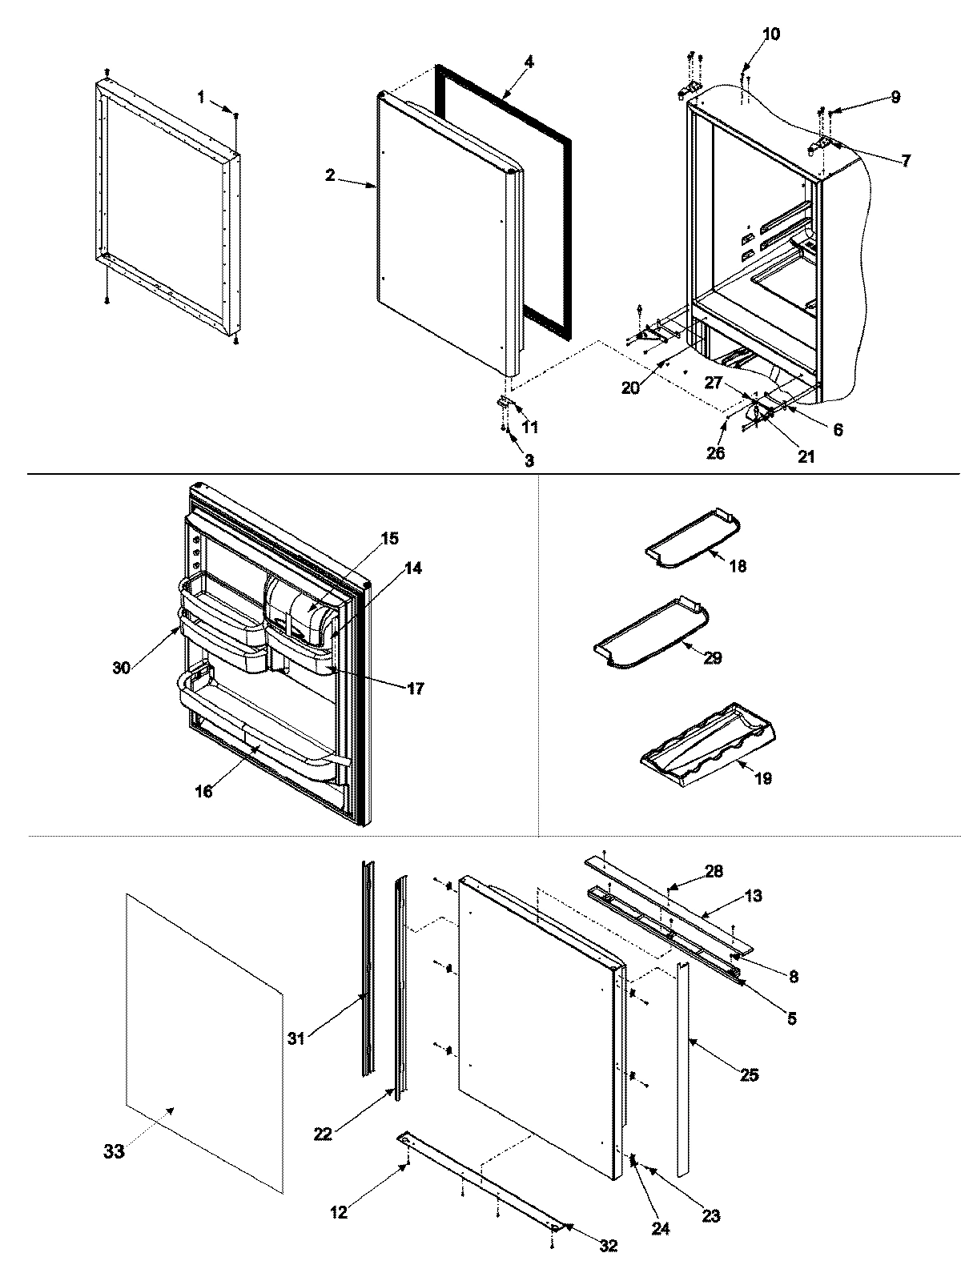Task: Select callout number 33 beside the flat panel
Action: coord(114,1151)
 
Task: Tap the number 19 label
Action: coord(763,778)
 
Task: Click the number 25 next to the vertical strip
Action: coord(749,1075)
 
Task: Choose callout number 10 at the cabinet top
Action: coord(770,34)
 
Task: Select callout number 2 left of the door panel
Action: coord(330,175)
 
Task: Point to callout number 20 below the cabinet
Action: coord(631,388)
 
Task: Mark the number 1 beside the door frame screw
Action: coord(202,97)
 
